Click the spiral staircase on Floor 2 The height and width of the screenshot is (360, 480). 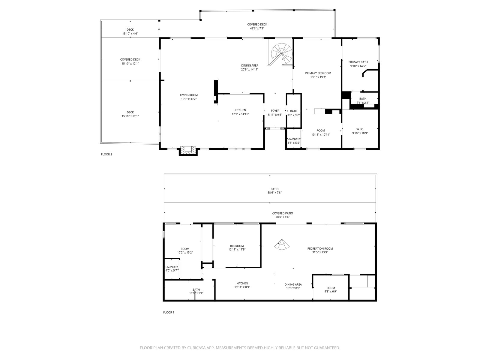coord(282,54)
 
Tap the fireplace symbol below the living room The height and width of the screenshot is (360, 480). coord(188,151)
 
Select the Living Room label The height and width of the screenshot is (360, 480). coord(189,95)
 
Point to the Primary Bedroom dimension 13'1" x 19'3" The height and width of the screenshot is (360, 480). coord(318,77)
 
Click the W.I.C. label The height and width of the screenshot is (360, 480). coord(360,129)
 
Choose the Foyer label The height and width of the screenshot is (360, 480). coord(275,111)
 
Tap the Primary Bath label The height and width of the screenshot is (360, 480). coord(358,62)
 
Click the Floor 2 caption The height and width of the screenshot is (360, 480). coord(106,154)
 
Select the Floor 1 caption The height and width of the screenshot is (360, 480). coord(169,312)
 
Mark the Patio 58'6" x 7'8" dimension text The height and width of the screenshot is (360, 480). coord(275,193)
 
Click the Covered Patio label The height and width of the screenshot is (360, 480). coord(283,213)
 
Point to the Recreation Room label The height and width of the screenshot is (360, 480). coord(320,248)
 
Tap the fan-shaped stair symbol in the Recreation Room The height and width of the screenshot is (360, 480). coord(282,244)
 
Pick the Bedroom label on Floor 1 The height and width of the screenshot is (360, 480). coord(237,246)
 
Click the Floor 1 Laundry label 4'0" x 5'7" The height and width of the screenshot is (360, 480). coord(172,268)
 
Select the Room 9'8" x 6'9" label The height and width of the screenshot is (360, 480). coord(331,289)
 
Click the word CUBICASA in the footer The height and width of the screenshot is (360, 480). coord(196,348)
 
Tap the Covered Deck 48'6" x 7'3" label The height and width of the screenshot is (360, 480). coord(257,26)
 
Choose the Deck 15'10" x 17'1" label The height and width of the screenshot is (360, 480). coord(130,114)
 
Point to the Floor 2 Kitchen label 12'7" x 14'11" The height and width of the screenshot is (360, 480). coord(240,112)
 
